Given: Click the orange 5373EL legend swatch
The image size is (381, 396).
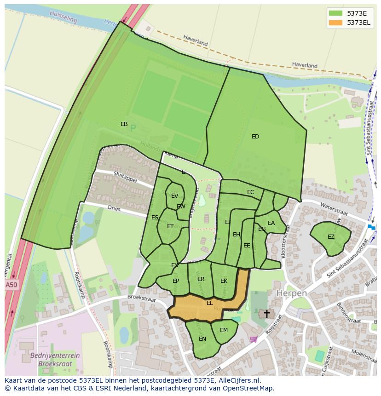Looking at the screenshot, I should pos(336,23).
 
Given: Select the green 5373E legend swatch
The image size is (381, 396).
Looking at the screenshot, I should pos(336,13).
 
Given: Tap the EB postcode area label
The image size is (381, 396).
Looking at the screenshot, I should pos(124,124).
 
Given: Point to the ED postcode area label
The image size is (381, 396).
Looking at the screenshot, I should pos(255,137).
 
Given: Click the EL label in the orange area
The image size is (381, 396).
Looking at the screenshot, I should pos(210,303).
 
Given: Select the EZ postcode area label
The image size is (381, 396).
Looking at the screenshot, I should pos(331,237).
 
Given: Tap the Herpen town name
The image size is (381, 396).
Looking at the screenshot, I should pos(291,293).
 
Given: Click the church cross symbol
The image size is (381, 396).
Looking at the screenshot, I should pos(266,314).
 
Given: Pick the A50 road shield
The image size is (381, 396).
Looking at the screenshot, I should pos(11,285).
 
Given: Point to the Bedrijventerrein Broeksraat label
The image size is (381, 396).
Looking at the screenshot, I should pos(55,359).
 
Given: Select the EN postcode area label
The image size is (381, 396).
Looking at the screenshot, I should pos(202,339).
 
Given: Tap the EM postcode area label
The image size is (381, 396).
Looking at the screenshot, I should pos(224,330).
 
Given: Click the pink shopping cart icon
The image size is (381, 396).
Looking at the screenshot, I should pos(253,339).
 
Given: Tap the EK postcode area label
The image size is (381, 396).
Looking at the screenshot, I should pos(224,281).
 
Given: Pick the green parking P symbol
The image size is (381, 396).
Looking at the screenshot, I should pos(133,129).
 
